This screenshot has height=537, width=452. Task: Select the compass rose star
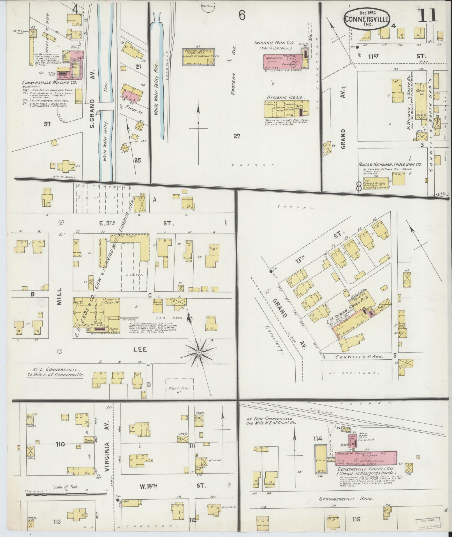pyautogui.click(x=199, y=352)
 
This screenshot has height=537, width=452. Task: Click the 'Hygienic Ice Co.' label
pyautogui.click(x=285, y=97)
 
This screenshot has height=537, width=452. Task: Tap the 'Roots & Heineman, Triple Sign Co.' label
pyautogui.click(x=390, y=165)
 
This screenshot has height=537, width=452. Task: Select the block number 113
pyautogui.click(x=57, y=521)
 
